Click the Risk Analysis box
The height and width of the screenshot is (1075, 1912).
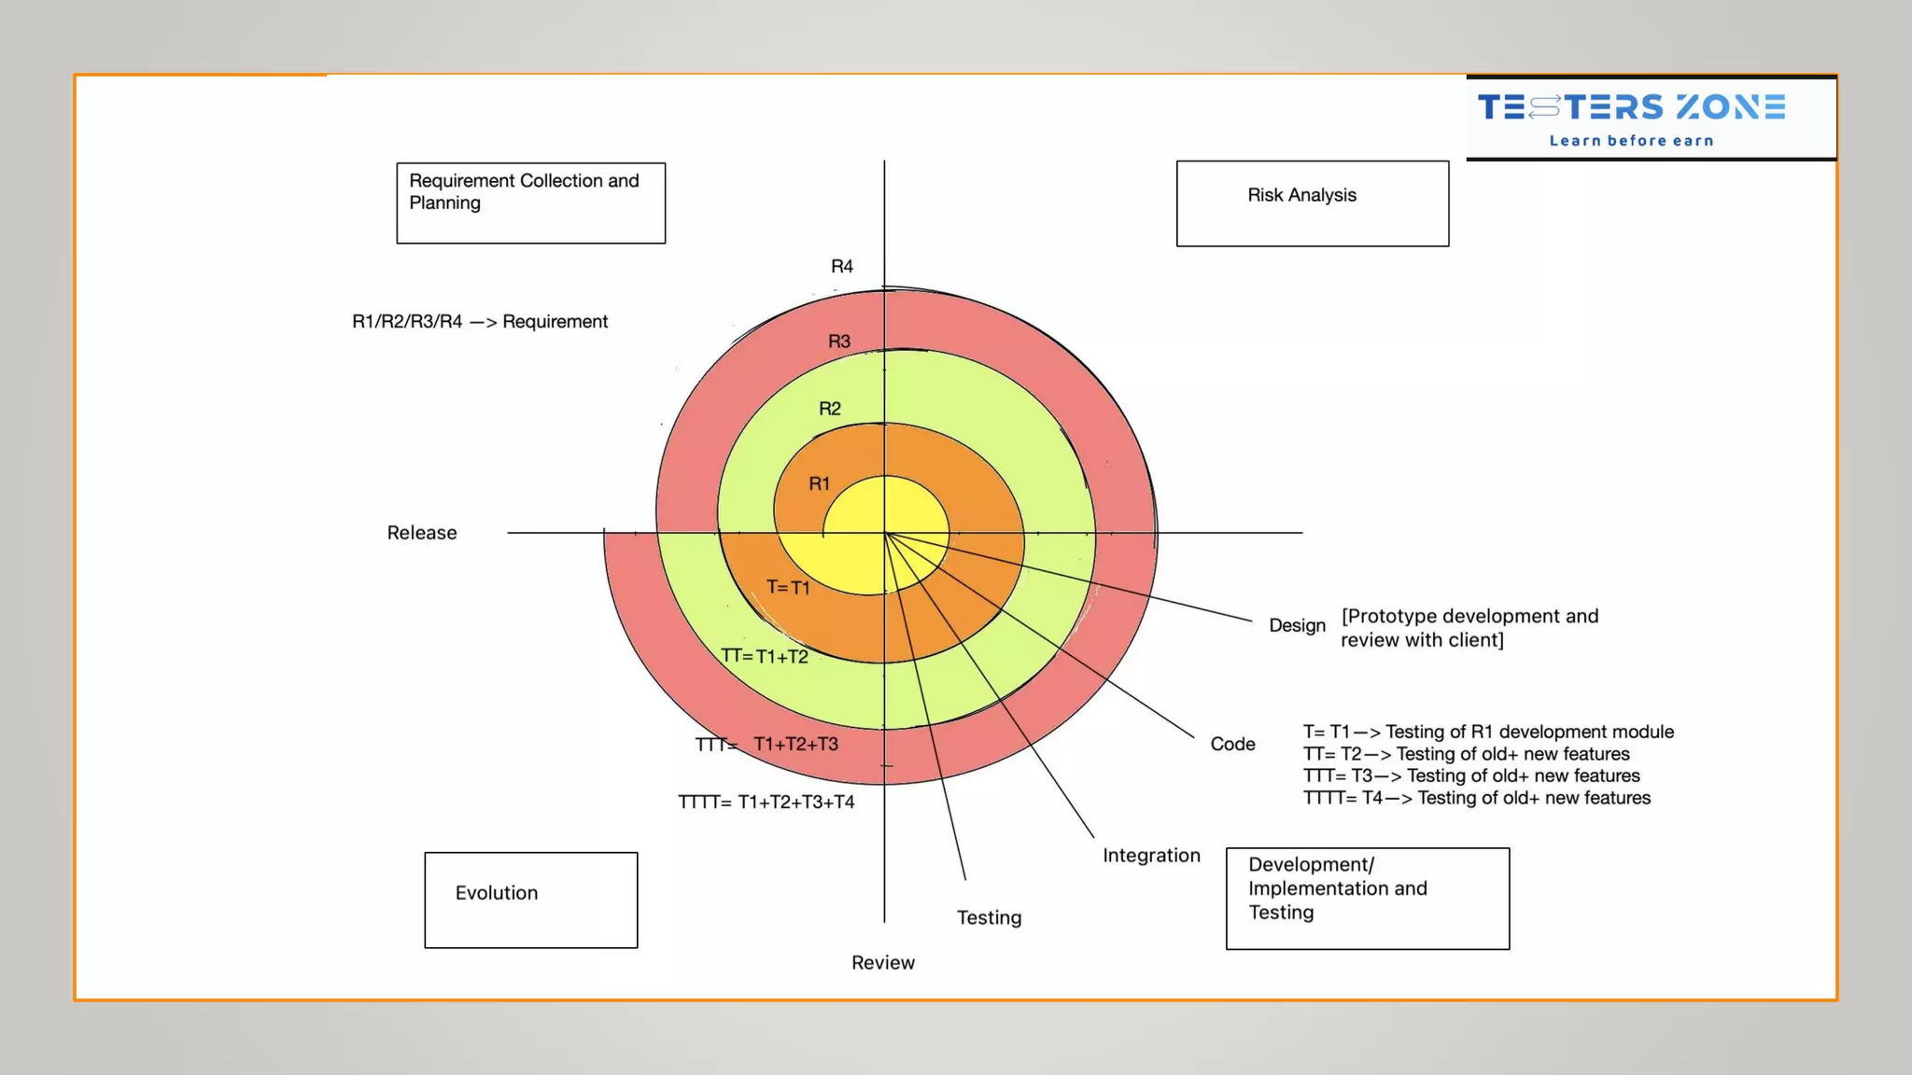[x=1312, y=203]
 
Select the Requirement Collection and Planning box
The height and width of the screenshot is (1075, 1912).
[x=530, y=202]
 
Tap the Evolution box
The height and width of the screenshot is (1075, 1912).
[x=530, y=900]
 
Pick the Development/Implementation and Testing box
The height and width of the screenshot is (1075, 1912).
[x=1367, y=898]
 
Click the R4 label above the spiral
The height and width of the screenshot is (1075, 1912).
[x=842, y=267]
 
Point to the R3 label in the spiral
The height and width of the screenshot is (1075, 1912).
[x=839, y=342]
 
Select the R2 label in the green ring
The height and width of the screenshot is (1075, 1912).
[x=830, y=409]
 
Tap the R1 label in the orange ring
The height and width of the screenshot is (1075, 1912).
[x=819, y=484]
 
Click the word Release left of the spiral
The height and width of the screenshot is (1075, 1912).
[x=422, y=533]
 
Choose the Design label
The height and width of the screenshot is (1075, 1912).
[x=1297, y=625]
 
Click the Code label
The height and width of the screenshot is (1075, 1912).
[x=1232, y=744]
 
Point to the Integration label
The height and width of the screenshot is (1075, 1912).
[x=1151, y=856]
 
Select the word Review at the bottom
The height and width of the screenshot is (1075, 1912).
[x=882, y=963]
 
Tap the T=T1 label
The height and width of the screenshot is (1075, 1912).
[x=788, y=587]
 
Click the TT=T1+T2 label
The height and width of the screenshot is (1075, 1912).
[x=765, y=656]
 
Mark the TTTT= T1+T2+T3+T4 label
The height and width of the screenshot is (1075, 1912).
[x=766, y=803]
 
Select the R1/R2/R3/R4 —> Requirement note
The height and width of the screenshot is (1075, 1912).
[x=480, y=322]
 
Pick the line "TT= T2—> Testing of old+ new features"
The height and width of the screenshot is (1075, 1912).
[x=1466, y=754]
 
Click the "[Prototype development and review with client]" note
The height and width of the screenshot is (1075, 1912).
[x=1469, y=628]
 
